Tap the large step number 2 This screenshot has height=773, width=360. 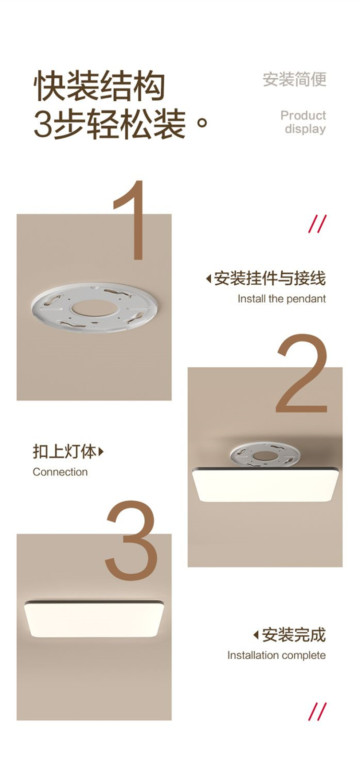(301, 374)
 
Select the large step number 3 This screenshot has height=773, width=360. (131, 541)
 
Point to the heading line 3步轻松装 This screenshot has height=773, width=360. (110, 124)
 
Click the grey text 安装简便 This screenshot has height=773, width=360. (294, 79)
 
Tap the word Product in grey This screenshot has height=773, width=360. (303, 115)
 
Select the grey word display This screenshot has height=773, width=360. (305, 129)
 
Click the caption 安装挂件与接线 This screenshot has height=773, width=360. (270, 278)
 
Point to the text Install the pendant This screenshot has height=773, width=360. (282, 299)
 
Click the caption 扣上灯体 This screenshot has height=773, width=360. (64, 451)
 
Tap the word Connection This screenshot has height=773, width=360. (60, 472)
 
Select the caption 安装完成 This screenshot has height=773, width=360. (294, 635)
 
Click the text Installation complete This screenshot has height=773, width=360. (276, 655)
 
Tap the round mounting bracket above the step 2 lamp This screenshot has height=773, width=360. (264, 453)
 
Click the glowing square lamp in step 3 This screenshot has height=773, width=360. (94, 619)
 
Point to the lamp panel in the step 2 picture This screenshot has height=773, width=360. (265, 484)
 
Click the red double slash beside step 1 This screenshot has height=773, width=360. (317, 224)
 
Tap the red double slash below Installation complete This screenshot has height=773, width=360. (317, 712)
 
